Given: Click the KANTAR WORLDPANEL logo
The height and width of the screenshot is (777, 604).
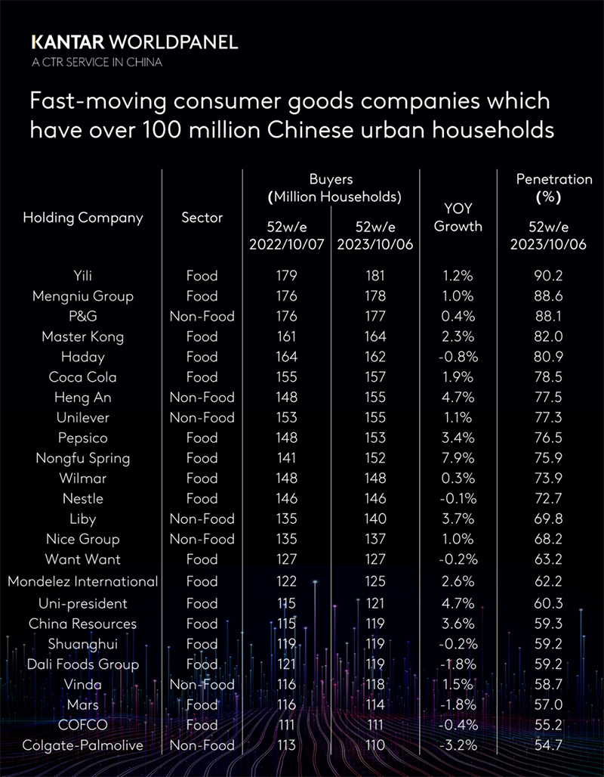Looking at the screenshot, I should coord(134,42).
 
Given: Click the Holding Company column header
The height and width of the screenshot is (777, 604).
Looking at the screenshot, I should coord(83,218).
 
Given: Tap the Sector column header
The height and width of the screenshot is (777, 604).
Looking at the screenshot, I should coord(202,218).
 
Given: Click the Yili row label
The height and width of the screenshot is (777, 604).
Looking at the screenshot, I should coord(83,276).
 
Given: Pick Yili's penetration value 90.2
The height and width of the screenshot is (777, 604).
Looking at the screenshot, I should coord(548,276).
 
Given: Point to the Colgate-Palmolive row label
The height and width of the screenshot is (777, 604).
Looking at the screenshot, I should coord(83,745).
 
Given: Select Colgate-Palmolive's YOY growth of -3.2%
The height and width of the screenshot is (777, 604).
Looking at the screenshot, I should coord(458,745).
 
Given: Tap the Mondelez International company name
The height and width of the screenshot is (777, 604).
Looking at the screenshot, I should coord(83,581).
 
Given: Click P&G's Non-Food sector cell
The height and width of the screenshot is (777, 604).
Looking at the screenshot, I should coord(202,316).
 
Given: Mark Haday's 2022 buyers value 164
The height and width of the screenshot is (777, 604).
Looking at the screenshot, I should coord(287,357).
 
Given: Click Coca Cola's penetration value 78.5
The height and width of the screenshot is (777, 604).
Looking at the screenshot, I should coord(548,377).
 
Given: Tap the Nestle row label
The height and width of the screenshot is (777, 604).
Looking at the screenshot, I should coord(83,499).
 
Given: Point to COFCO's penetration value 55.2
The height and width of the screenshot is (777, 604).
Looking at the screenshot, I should coord(548,725).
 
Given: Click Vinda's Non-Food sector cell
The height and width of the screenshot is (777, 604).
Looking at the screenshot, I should coord(202,685).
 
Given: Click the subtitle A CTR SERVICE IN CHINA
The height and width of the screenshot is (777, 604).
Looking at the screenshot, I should coord(96,62).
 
